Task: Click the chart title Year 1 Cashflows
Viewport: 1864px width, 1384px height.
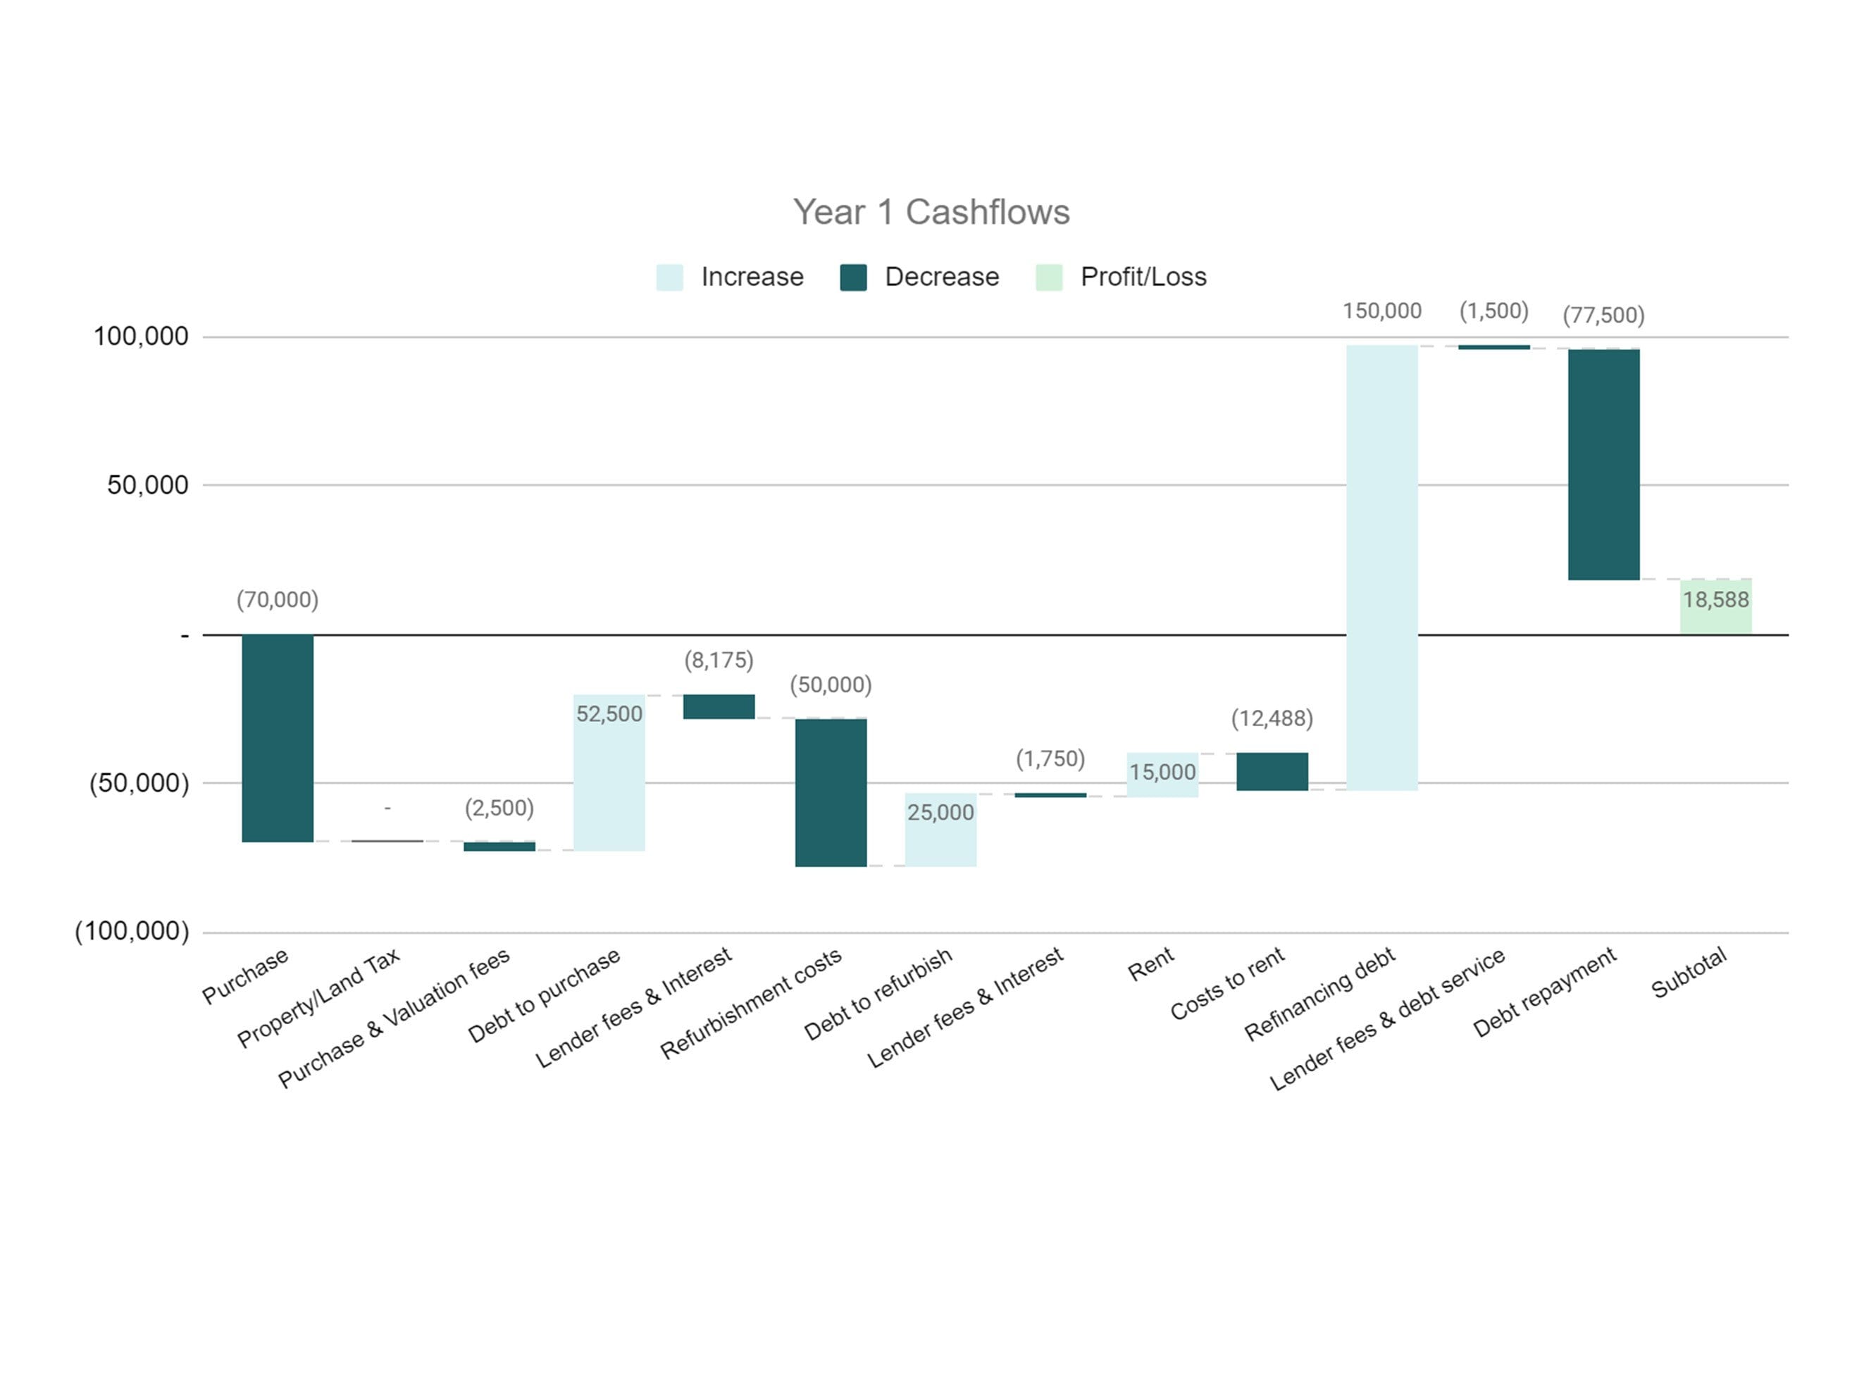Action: click(931, 212)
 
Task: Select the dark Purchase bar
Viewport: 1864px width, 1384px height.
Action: click(278, 737)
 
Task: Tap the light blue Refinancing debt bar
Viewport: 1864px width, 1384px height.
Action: click(1381, 567)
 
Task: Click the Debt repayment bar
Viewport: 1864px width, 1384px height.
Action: click(1603, 464)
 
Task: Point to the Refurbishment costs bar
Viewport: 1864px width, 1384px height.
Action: click(831, 792)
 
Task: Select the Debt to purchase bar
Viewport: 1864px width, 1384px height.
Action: click(609, 773)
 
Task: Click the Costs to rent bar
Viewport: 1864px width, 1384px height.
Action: click(1272, 771)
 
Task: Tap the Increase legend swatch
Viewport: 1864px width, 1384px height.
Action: click(669, 278)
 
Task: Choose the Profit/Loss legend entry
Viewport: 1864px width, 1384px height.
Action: click(1143, 277)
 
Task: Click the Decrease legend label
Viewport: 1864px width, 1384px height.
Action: click(942, 277)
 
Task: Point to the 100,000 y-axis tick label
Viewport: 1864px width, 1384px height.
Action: click(141, 337)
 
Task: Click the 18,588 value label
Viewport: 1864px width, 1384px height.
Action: click(1715, 600)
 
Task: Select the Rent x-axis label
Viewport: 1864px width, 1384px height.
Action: click(1150, 964)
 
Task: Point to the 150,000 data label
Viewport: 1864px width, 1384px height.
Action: click(1381, 311)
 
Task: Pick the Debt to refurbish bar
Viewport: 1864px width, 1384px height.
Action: click(940, 830)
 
